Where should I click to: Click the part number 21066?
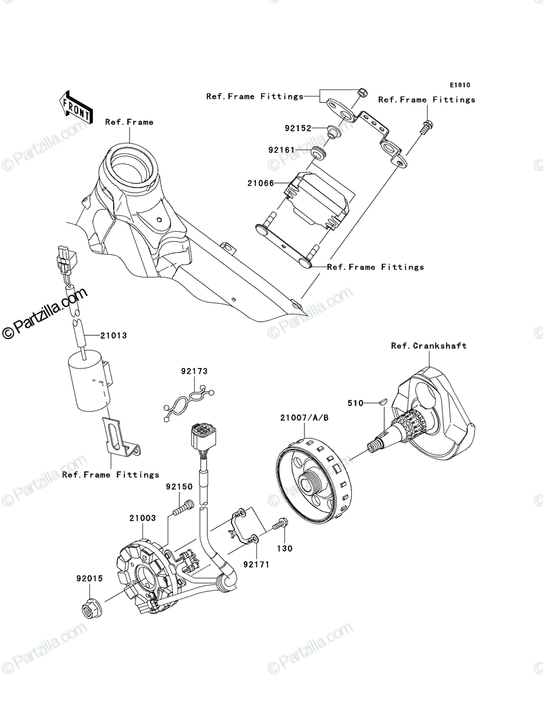coord(261,183)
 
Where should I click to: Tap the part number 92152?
coord(298,128)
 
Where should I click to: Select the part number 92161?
coord(281,150)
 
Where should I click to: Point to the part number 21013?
coord(113,335)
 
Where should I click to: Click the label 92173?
coord(194,371)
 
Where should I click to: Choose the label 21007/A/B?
coord(304,418)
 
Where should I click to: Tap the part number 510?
coord(355,403)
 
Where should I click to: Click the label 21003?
coord(143,518)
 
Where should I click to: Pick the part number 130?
coord(284,549)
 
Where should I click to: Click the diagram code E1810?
coord(460,85)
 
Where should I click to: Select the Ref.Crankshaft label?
coord(429,346)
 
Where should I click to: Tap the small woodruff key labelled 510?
coord(382,403)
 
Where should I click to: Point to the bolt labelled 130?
coord(281,524)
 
